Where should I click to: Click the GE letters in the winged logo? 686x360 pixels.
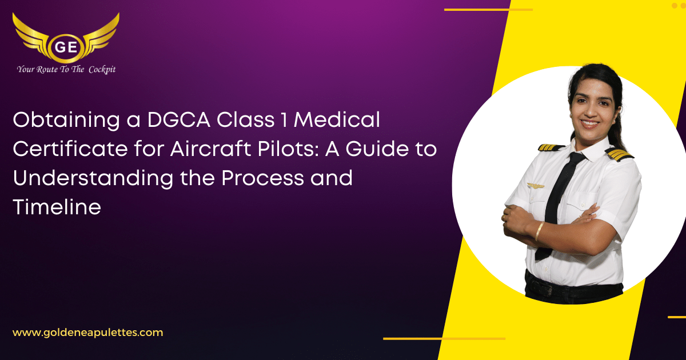(x=66, y=47)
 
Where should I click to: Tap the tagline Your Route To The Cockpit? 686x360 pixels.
(x=66, y=70)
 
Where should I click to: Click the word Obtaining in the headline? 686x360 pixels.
(x=66, y=120)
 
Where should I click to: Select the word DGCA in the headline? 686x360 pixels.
(x=178, y=119)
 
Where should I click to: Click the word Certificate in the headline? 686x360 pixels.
(x=70, y=149)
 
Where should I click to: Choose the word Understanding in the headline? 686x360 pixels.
(x=93, y=179)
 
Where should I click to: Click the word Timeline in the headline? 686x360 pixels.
(x=57, y=207)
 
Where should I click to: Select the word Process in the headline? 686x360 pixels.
(x=263, y=178)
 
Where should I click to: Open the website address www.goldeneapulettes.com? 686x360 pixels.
(x=88, y=333)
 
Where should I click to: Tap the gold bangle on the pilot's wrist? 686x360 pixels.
(x=539, y=231)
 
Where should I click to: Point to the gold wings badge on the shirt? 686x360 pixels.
(x=535, y=186)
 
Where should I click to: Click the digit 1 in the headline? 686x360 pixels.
(x=284, y=119)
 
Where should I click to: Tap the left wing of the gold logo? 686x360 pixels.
(x=31, y=35)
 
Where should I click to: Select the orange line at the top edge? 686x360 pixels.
(x=488, y=10)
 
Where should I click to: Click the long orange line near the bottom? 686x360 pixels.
(x=444, y=338)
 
